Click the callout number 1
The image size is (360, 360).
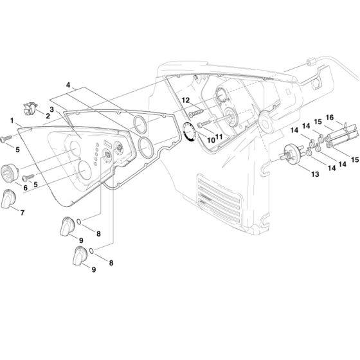pyautogui.click(x=12, y=120)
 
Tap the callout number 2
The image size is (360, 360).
pyautogui.click(x=48, y=116)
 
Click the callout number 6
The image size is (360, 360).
pyautogui.click(x=25, y=187)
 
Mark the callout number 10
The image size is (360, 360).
pyautogui.click(x=210, y=139)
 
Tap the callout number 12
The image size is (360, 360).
pyautogui.click(x=185, y=100)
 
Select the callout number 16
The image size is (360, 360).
pyautogui.click(x=330, y=118)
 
